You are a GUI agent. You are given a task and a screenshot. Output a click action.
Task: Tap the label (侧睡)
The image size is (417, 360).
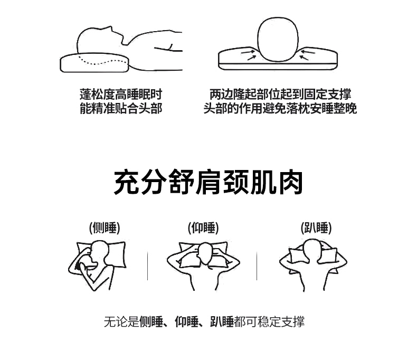click(x=105, y=228)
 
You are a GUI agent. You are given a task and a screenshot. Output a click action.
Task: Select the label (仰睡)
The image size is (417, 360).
click(x=203, y=228)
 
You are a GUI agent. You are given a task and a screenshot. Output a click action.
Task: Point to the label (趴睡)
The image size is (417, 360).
click(x=316, y=228)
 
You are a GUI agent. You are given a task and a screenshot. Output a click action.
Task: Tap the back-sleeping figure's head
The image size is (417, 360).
click(x=205, y=253)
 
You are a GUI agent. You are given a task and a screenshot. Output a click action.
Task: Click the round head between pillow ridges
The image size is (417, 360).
click(x=278, y=39)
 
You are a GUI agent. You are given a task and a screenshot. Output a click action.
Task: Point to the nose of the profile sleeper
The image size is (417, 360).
click(x=111, y=29)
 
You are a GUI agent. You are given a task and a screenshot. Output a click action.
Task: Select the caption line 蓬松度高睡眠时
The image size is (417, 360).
click(x=121, y=94)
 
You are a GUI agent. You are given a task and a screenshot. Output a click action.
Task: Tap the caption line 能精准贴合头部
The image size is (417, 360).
click(x=121, y=109)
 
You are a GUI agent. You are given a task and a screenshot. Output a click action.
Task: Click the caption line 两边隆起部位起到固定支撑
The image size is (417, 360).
click(x=280, y=94)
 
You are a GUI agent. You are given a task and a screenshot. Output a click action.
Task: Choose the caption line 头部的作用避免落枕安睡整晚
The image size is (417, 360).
click(x=280, y=109)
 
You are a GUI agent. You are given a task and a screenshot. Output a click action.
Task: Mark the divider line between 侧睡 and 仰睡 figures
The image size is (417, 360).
click(x=148, y=266)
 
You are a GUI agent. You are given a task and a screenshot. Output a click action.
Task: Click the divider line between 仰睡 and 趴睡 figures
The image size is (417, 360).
click(x=257, y=266)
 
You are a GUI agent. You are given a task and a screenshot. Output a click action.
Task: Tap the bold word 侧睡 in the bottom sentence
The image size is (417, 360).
click(x=151, y=321)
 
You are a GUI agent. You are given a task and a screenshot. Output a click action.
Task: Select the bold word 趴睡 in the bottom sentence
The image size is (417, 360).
click(x=222, y=321)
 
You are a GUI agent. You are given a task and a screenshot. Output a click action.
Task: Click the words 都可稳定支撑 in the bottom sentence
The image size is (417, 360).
click(x=269, y=321)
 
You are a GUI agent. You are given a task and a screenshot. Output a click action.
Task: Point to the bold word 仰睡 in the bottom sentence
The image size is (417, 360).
click(x=187, y=321)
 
